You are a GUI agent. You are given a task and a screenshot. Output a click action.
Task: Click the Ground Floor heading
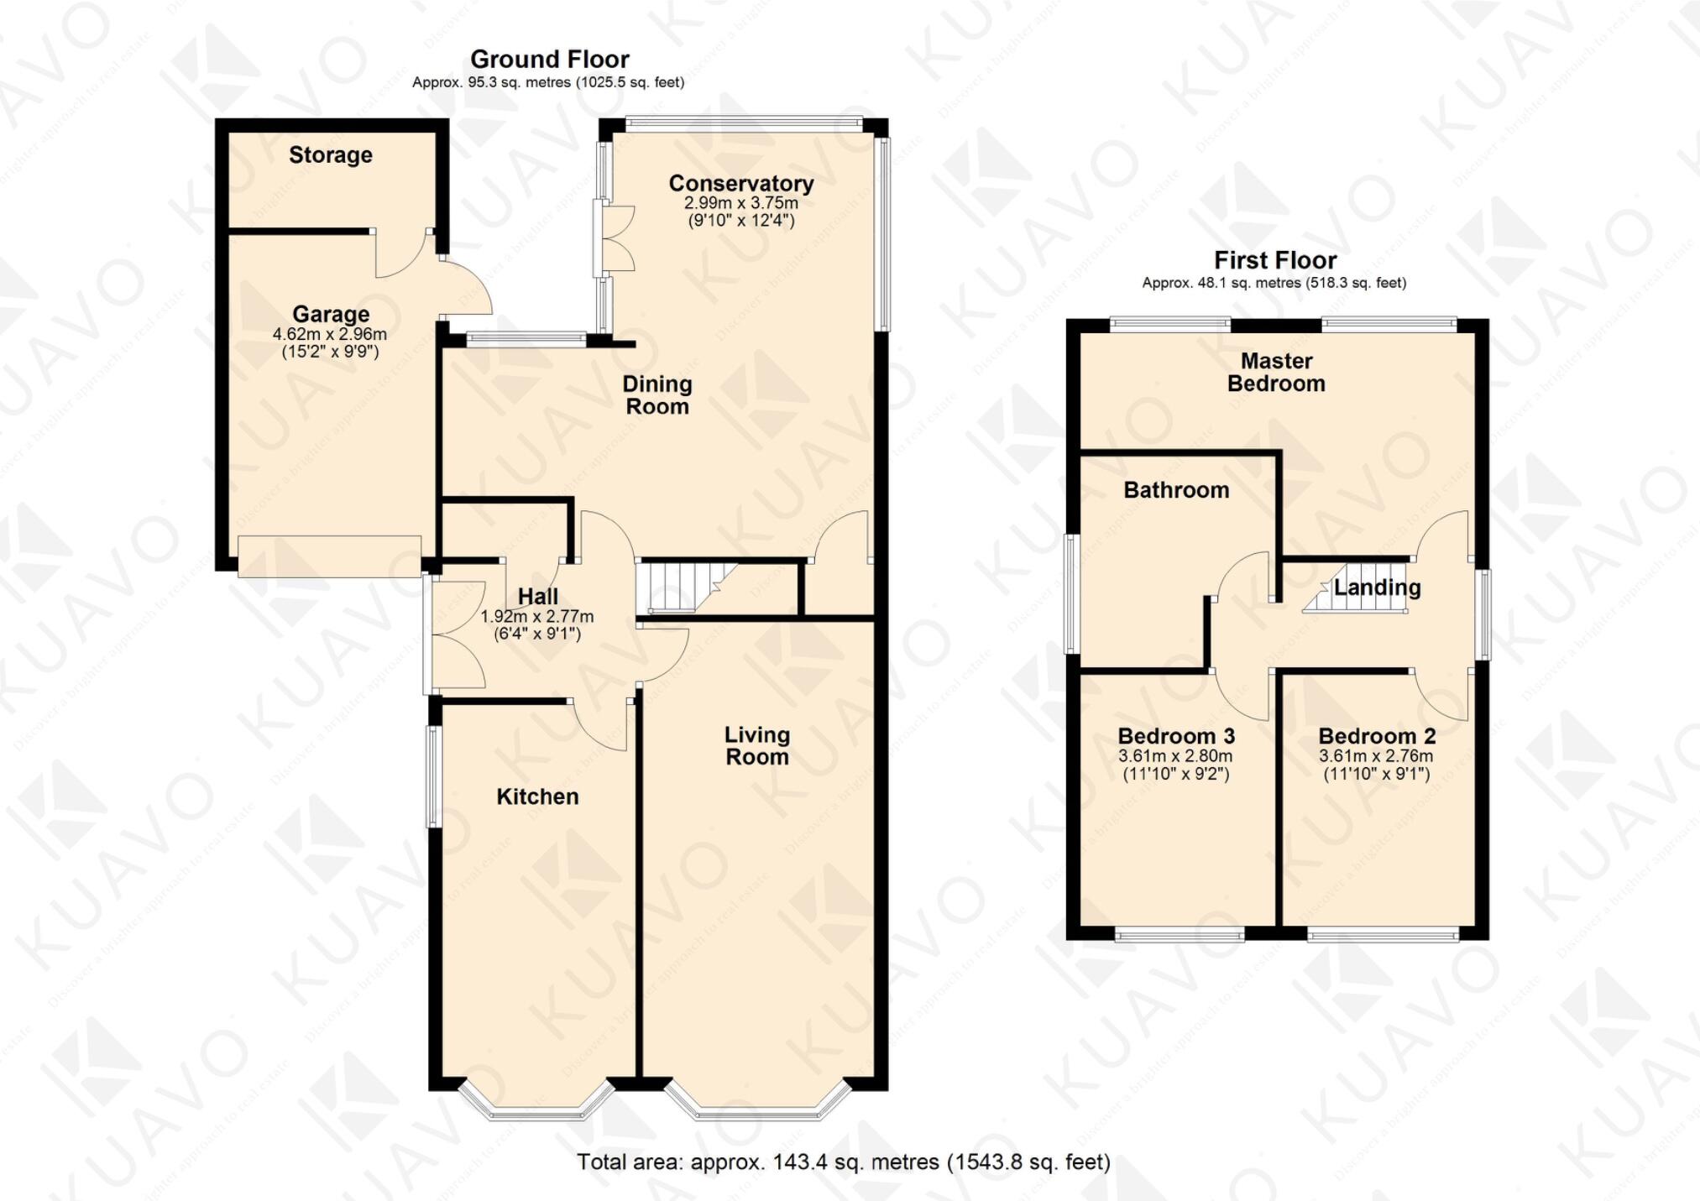[549, 60]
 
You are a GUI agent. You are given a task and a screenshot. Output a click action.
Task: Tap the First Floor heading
[1274, 260]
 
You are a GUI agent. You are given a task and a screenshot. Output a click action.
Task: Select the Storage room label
[330, 155]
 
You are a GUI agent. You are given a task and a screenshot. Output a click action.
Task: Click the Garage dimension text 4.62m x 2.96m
[330, 334]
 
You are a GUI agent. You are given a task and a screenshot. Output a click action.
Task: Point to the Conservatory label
[740, 184]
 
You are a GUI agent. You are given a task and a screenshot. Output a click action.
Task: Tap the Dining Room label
[656, 395]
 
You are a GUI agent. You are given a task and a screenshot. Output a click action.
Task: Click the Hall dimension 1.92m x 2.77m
[536, 617]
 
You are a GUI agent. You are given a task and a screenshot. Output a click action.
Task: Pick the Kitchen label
[537, 796]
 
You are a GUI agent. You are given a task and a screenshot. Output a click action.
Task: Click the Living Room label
[756, 745]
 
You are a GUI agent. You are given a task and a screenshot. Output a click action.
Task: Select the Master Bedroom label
[1276, 372]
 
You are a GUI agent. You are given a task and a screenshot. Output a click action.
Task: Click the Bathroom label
[1175, 490]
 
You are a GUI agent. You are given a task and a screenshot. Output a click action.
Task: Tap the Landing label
[1377, 587]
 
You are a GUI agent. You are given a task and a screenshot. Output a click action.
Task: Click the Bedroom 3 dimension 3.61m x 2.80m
[1175, 756]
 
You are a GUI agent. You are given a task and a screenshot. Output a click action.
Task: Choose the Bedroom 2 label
[1376, 737]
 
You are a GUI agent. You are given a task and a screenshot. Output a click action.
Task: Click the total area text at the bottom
[843, 1162]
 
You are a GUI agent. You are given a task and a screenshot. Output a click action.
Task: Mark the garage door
[329, 556]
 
